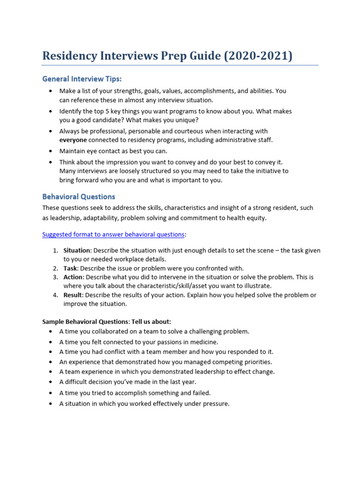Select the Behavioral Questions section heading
[78, 196]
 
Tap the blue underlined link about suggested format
[113, 234]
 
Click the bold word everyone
[73, 140]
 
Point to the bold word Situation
[77, 250]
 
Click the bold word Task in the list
[70, 268]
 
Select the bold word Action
[73, 277]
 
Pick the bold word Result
[73, 295]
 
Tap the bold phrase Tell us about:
[151, 322]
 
